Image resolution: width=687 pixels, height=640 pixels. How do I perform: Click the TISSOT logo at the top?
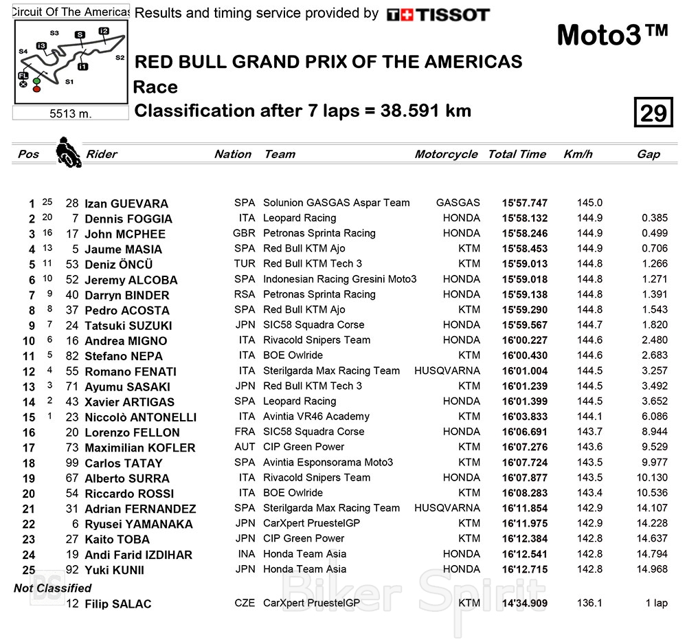pos(438,14)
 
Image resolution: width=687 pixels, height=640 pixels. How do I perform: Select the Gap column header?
pos(648,154)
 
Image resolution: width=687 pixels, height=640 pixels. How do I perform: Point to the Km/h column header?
pos(578,154)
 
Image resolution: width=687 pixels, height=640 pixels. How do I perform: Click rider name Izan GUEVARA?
pos(126,203)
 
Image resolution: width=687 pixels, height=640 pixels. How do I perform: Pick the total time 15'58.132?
pos(525,218)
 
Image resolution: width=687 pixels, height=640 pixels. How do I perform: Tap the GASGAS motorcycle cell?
pos(458,203)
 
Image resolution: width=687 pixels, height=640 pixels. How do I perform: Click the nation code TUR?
pos(244,264)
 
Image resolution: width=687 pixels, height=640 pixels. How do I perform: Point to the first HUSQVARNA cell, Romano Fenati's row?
pos(447,371)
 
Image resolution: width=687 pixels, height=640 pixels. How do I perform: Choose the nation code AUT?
pos(244,447)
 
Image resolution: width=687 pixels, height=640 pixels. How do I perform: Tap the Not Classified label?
pos(53,588)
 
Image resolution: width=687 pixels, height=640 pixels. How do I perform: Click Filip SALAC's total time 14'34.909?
pos(525,603)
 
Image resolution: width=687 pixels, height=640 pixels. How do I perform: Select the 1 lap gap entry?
pos(655,603)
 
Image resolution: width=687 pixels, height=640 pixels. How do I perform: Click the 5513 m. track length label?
pos(71,113)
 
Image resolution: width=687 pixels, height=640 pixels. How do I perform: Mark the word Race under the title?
pos(155,87)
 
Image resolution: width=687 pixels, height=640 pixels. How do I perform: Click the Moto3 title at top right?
pos(611,36)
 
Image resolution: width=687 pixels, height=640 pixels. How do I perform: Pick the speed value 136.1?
pos(589,603)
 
